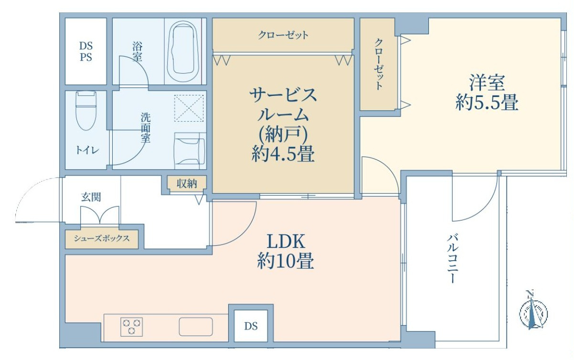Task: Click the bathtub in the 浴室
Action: [183, 47]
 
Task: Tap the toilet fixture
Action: [86, 111]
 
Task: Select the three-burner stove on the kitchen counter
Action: [131, 327]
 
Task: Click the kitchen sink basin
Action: [196, 327]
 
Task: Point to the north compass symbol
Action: [533, 313]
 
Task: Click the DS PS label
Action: [86, 52]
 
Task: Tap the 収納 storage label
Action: [187, 183]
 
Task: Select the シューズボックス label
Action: [101, 239]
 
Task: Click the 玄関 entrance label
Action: [91, 197]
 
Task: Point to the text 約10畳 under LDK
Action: [286, 261]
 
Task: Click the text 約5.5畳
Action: [487, 103]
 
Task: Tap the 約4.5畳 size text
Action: [283, 154]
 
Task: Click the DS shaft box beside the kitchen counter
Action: [251, 326]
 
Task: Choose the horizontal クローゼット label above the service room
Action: [283, 35]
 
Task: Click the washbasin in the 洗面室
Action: [190, 151]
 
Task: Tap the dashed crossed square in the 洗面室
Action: [189, 108]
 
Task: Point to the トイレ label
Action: [87, 150]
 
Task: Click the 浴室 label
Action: [137, 52]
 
